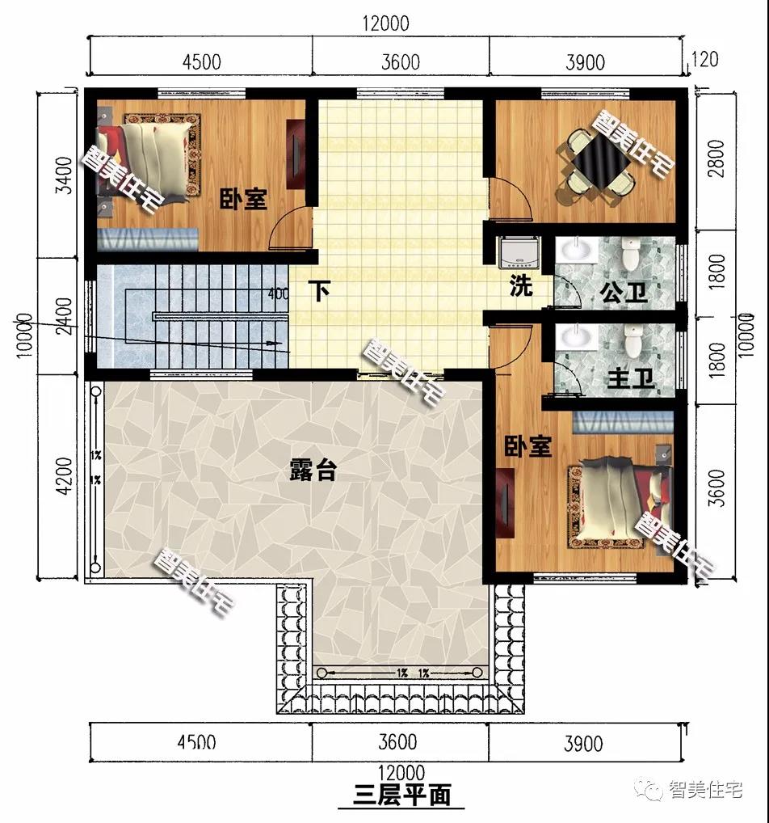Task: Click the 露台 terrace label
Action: click(x=313, y=471)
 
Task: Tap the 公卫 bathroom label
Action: click(x=624, y=293)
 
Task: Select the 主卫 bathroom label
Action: click(x=630, y=378)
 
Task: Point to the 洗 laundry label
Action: click(x=521, y=285)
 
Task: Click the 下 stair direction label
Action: click(x=319, y=291)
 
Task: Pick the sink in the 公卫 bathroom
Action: click(x=576, y=249)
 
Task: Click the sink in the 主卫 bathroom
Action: click(x=576, y=336)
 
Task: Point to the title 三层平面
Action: click(x=401, y=796)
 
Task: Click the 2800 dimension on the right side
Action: click(x=716, y=158)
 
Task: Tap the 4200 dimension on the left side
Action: click(x=65, y=476)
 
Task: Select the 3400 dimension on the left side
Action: click(x=65, y=175)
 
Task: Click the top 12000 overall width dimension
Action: click(x=385, y=23)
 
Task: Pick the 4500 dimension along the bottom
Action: click(x=196, y=742)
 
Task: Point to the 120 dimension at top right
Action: click(x=704, y=59)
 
